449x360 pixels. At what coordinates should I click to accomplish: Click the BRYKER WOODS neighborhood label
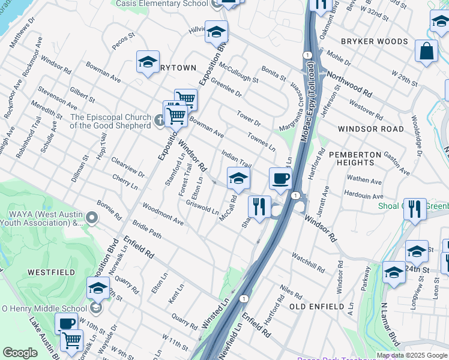click(x=374, y=41)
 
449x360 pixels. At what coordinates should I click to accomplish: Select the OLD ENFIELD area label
click(x=316, y=307)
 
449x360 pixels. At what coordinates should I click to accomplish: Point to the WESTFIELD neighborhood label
click(x=51, y=272)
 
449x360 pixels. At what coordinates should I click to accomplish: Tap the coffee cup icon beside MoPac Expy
click(x=280, y=178)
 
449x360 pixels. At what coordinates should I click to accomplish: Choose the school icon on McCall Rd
click(x=238, y=178)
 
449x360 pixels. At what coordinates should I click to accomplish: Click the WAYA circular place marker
click(x=91, y=217)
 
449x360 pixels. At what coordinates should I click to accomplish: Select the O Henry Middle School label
click(x=44, y=309)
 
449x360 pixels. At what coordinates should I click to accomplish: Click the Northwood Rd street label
click(x=349, y=84)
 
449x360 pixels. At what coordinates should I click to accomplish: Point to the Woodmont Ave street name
click(x=163, y=214)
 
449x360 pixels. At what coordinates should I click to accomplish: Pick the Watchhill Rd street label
click(x=307, y=262)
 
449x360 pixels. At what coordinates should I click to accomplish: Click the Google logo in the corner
click(x=20, y=353)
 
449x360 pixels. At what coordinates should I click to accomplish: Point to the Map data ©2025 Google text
click(x=412, y=355)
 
